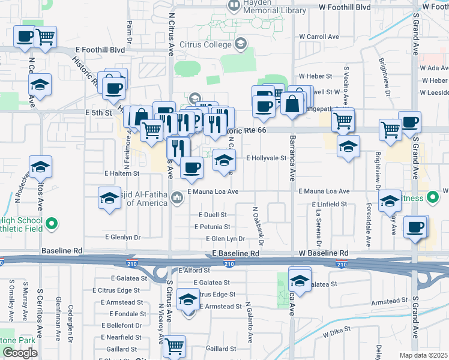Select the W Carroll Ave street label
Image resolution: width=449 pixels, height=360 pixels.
[x=319, y=37]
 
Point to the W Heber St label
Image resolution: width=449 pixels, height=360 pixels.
[x=316, y=77]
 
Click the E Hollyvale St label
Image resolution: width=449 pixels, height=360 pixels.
[x=267, y=158]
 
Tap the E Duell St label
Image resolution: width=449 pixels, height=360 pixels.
[x=213, y=214]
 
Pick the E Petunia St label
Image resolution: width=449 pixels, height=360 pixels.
[x=212, y=227]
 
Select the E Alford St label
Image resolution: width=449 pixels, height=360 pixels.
[x=193, y=271]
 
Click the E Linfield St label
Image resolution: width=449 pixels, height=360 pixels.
[x=330, y=205]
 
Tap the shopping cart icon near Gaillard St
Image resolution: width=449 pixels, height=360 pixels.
[x=174, y=346]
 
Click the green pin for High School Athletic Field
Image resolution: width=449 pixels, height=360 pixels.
[x=52, y=224]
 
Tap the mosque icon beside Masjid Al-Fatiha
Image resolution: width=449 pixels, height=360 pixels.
[x=176, y=197]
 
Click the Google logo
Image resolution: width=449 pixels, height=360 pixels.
[x=20, y=353]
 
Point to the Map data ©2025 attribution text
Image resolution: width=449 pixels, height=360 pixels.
[x=424, y=355]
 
